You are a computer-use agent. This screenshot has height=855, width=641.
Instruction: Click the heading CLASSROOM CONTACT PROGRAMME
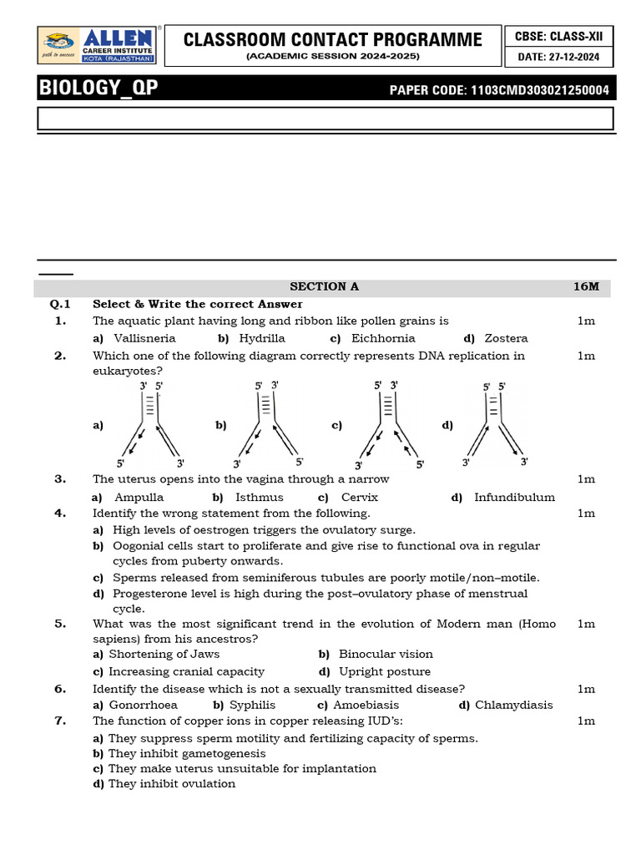pos(332,39)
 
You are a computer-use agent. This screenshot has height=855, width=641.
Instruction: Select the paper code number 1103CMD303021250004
pos(539,90)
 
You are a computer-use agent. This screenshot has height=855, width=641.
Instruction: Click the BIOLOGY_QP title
pos(98,89)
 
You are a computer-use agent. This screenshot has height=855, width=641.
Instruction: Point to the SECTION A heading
pos(324,286)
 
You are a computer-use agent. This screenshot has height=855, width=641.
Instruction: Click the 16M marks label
pos(586,286)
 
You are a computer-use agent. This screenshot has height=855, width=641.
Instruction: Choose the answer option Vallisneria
pos(144,338)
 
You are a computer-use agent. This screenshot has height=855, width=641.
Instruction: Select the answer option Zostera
pos(506,338)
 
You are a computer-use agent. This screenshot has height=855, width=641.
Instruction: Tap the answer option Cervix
pos(360,497)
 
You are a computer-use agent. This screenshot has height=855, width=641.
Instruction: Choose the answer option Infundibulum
pos(514,497)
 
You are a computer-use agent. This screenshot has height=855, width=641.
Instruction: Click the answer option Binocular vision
pos(386,654)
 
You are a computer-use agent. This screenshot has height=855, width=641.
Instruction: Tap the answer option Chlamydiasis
pos(513,705)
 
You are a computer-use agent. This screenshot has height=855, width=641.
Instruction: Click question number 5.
pos(60,623)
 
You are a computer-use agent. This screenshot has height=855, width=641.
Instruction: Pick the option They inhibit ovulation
pos(172,783)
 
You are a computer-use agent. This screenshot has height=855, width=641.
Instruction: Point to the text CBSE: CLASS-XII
pos(558,36)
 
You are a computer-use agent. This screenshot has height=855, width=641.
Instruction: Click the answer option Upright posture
pos(385,671)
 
